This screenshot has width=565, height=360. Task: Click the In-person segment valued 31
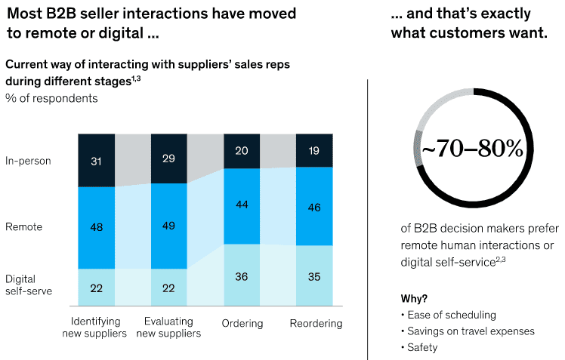(x=96, y=160)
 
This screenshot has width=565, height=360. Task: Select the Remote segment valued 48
(x=96, y=228)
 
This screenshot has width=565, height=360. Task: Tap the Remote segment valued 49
(x=169, y=226)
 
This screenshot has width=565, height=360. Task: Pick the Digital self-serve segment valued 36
(x=242, y=275)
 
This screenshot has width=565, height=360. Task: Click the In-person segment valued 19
(x=314, y=150)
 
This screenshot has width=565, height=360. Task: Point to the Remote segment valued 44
(x=242, y=206)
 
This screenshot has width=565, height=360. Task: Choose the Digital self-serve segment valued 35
(x=314, y=275)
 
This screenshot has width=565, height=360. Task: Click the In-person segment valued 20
(x=242, y=151)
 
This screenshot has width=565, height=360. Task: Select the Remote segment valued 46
(x=314, y=206)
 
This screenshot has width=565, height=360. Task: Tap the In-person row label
(x=28, y=161)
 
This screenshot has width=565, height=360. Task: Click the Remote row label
(x=23, y=227)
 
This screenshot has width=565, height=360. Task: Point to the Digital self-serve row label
(x=29, y=285)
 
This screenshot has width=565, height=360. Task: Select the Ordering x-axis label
(x=242, y=324)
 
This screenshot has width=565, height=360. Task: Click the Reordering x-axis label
(x=316, y=324)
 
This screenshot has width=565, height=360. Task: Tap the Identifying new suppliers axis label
(x=94, y=328)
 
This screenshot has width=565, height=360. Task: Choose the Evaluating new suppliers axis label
(x=168, y=328)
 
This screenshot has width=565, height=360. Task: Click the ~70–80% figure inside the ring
(x=472, y=148)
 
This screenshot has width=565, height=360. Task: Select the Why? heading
(x=414, y=298)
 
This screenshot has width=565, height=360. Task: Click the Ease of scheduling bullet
(x=449, y=315)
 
